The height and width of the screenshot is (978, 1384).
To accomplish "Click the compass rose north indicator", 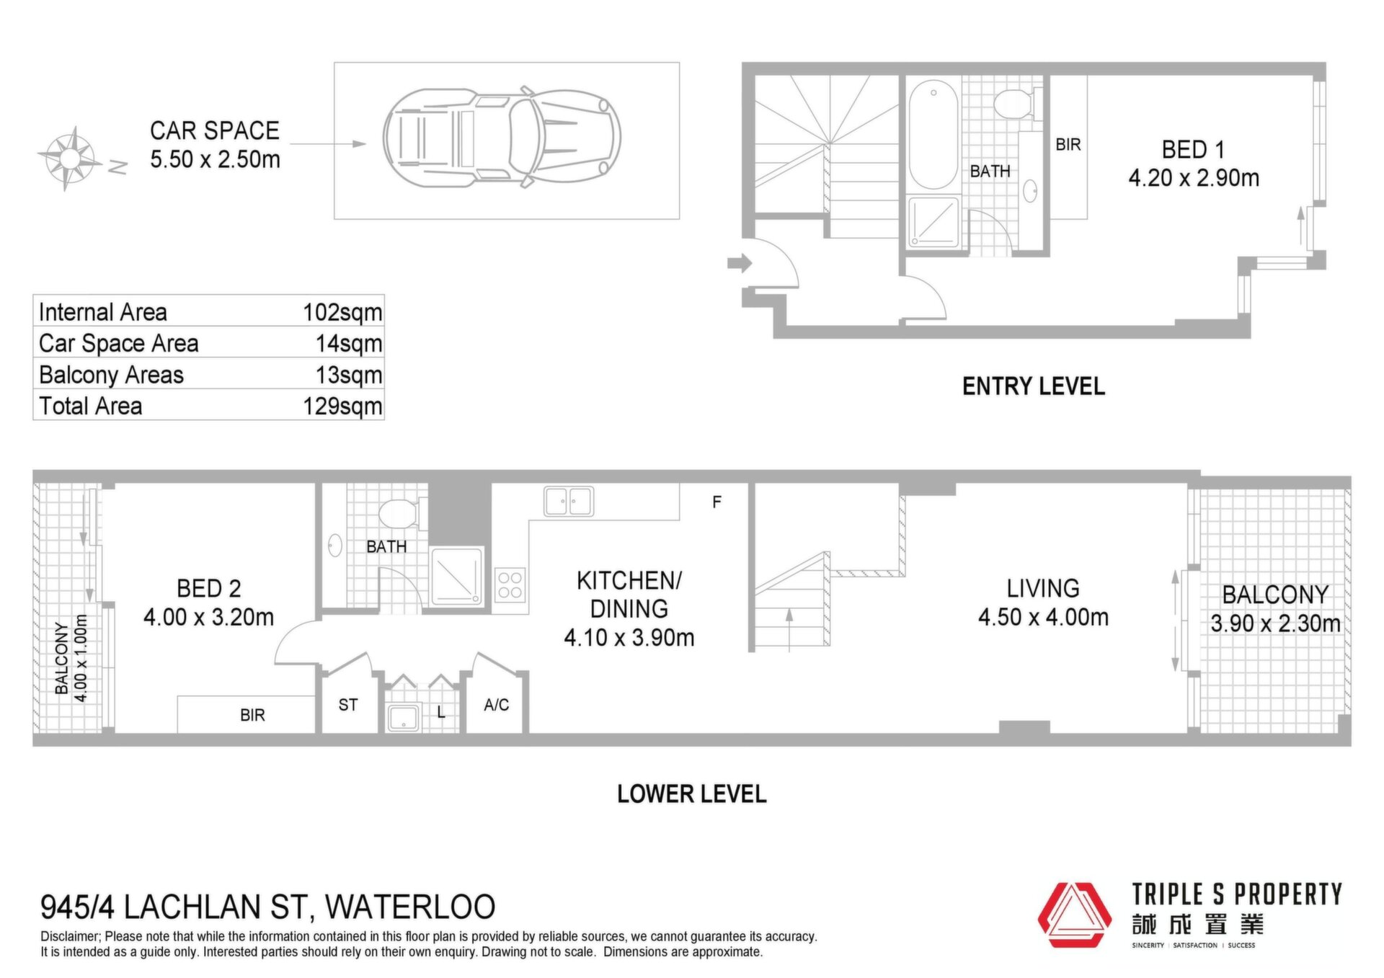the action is point(118,167).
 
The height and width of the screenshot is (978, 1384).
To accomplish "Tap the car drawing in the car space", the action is point(502,137).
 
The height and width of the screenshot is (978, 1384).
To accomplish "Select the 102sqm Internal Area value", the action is point(342,312).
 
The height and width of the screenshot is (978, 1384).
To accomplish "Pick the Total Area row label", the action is point(90,406).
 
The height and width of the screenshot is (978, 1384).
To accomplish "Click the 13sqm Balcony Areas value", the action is point(349,375).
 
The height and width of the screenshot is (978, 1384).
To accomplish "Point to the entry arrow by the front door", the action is point(739,263).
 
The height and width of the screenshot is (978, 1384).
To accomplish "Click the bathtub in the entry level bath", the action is point(933,135).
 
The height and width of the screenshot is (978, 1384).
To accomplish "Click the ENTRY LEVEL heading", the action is point(1033,386).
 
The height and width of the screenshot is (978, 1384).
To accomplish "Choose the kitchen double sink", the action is point(569,502).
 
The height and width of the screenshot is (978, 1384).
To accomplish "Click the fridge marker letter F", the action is point(717,502).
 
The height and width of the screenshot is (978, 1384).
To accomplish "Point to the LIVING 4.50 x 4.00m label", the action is point(1043,603).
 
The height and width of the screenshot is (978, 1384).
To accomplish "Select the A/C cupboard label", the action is point(497,705).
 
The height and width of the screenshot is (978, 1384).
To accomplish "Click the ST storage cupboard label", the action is point(348,705).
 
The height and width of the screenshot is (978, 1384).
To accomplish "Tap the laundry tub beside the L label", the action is point(403,718).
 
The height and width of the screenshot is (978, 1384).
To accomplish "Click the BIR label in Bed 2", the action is point(252,715).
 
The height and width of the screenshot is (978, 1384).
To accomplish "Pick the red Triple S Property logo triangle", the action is point(1074,915).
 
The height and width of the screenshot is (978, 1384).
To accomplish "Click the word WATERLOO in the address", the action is point(410,907).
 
